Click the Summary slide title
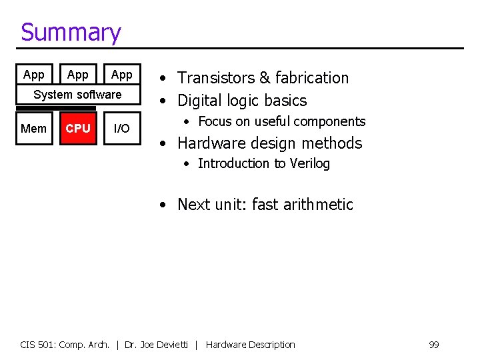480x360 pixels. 71,32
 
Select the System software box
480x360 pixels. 77,95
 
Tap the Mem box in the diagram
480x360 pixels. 33,129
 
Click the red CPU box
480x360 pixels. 78,129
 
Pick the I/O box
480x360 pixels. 121,129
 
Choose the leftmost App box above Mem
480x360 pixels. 33,75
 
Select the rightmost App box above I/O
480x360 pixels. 121,75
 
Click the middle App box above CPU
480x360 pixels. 78,75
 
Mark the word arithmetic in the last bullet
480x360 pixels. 318,205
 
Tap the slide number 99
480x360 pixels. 433,345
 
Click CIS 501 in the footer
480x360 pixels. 39,345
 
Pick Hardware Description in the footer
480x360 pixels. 250,345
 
